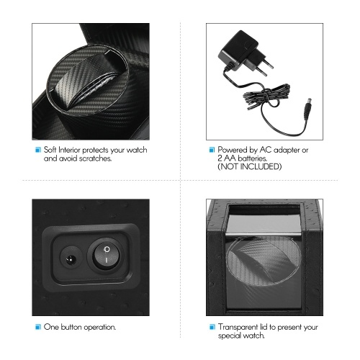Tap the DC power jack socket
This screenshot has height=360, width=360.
(x=71, y=258)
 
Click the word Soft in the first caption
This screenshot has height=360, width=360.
(x=50, y=150)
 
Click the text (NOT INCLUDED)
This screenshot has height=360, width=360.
(x=250, y=166)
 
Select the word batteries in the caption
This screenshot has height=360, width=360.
(x=253, y=158)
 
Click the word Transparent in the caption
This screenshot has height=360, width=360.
(x=238, y=328)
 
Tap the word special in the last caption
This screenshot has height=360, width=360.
(x=229, y=336)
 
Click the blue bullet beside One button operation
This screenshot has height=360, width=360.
(x=38, y=327)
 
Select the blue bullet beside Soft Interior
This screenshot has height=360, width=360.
(x=38, y=150)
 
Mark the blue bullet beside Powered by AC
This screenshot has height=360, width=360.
(x=212, y=150)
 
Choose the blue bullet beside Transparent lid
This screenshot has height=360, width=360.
(x=212, y=327)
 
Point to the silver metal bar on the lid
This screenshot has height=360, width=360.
(x=264, y=234)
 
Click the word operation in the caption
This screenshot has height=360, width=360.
(x=100, y=328)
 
